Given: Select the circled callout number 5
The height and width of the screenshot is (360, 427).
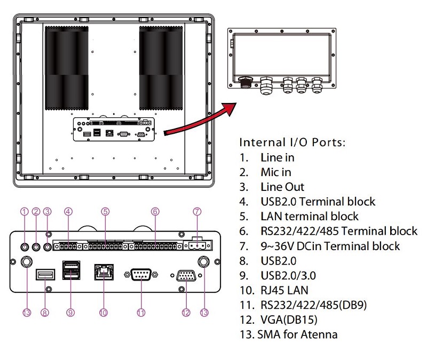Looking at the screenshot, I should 105,212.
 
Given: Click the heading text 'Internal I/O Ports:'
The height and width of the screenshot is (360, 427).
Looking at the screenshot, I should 292,143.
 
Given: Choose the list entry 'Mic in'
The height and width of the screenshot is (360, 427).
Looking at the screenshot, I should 275,172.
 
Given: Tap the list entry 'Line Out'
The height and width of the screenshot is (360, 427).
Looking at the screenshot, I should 282,187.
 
